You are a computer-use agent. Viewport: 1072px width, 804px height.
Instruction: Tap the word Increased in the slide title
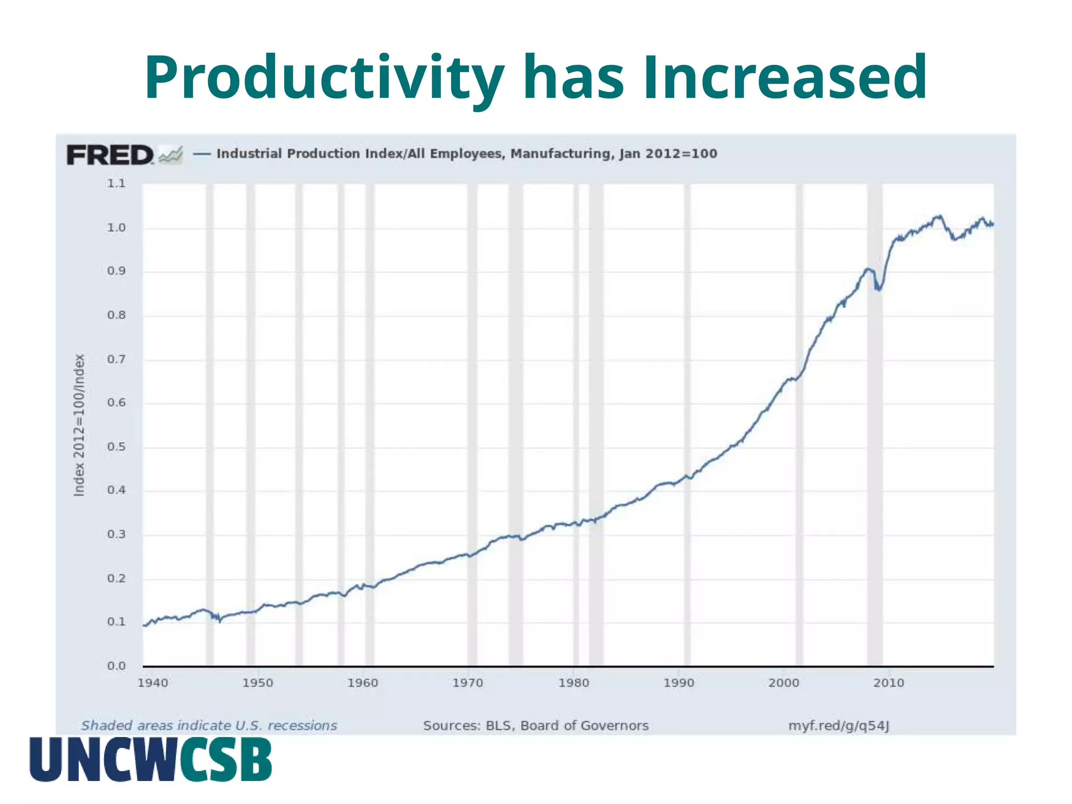click(785, 79)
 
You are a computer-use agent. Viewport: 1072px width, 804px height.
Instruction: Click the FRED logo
click(110, 155)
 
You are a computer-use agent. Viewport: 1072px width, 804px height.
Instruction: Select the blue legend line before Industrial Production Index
click(202, 154)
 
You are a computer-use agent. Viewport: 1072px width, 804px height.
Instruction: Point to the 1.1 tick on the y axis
click(116, 184)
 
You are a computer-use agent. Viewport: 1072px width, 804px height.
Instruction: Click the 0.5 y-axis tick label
click(116, 447)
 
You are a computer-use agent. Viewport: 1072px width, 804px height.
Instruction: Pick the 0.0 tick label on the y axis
click(116, 666)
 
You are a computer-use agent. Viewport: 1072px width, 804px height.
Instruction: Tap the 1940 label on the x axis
click(152, 683)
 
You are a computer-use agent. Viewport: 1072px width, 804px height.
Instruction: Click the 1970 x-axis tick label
click(467, 683)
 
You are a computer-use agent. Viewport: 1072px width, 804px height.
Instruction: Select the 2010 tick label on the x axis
click(888, 683)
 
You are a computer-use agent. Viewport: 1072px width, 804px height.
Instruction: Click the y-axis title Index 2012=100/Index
click(79, 425)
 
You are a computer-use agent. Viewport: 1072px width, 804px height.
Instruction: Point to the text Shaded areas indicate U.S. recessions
click(209, 725)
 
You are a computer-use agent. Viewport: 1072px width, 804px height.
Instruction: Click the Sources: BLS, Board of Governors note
click(535, 725)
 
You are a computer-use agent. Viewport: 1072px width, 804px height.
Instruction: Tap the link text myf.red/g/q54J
click(839, 725)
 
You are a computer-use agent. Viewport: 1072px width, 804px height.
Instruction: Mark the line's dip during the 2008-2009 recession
click(878, 288)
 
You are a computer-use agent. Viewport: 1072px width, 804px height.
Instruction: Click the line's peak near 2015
click(940, 216)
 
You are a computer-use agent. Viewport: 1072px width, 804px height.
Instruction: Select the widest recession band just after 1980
click(596, 424)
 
